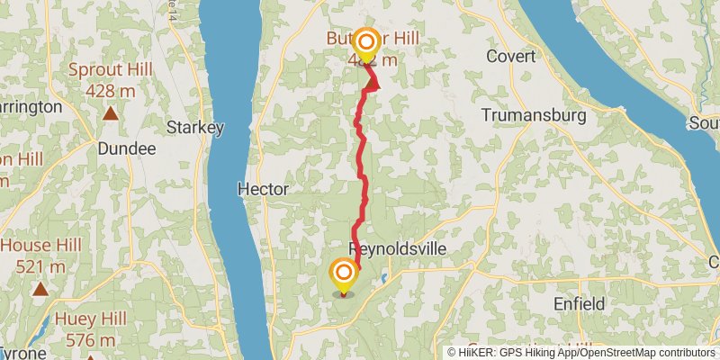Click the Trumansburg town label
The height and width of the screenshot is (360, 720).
coord(534,115)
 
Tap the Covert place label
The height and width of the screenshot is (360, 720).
coord(510,56)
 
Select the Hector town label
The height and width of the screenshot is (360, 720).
coord(263,189)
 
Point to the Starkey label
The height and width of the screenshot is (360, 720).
coord(195,128)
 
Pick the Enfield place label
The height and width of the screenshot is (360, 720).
coord(580,304)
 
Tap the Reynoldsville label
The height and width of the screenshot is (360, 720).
coord(397,248)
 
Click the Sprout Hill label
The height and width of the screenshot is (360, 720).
coord(111,71)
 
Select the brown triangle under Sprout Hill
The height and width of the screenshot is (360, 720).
coord(110,113)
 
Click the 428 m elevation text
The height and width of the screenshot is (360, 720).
coord(111,90)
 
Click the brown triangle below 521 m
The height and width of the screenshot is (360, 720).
coord(40,289)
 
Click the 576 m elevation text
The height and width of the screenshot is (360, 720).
coord(85,339)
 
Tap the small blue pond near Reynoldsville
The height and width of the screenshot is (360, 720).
coord(384,277)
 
